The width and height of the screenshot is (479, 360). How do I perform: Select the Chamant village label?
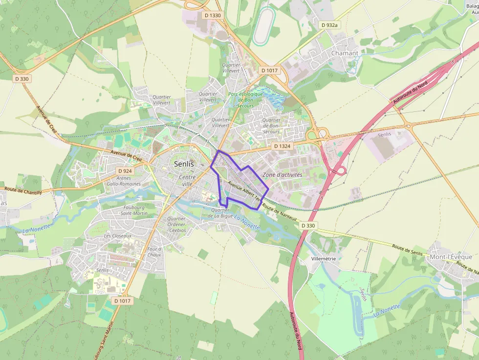point(345,53)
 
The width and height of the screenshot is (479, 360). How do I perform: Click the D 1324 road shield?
point(282,146)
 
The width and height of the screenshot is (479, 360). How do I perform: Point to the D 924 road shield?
point(125,171)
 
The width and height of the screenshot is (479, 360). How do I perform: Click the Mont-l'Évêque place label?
point(451,257)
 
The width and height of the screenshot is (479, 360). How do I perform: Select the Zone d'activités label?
point(283,174)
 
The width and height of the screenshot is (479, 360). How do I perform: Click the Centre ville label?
point(187,180)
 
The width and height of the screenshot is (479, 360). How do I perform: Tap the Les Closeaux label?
point(118,235)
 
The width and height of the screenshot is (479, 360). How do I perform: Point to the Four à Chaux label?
point(154,252)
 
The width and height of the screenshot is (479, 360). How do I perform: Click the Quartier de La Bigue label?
point(220,212)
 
